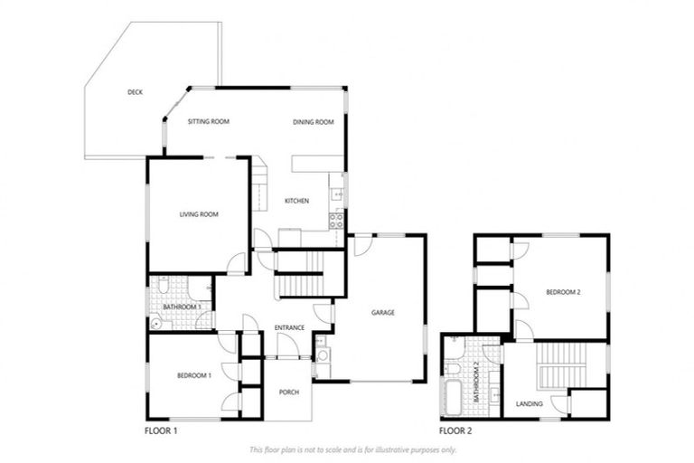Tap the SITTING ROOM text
(208, 121)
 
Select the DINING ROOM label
(313, 121)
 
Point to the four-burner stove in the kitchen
(336, 218)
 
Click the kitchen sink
(335, 192)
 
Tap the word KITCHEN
(297, 201)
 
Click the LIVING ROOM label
(199, 214)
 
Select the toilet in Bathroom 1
(163, 286)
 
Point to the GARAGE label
(383, 313)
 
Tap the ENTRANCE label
(288, 327)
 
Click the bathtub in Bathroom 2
(452, 395)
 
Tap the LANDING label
(529, 403)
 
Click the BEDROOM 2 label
(562, 293)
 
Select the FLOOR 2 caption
(455, 431)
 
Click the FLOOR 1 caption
(162, 431)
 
